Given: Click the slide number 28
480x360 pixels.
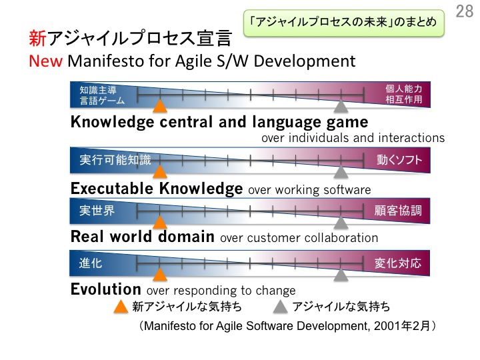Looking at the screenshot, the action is (465, 11).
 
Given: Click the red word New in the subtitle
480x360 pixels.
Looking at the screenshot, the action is (45, 61).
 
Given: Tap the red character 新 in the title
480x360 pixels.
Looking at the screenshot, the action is (37, 39).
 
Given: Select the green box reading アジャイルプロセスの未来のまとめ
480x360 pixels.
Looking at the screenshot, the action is (344, 23).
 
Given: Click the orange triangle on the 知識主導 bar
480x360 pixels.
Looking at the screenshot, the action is (160, 106).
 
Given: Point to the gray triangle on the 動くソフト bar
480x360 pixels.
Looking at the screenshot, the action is (341, 172).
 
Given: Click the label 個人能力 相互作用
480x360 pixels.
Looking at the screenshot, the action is (404, 94).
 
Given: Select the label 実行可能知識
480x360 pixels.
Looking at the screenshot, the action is (115, 160).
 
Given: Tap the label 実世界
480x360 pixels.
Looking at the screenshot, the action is (97, 211).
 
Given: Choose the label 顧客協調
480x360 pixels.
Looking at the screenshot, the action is (398, 211).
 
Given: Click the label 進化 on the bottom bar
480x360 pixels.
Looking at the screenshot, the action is (90, 263).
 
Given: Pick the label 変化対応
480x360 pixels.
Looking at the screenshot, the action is (398, 263).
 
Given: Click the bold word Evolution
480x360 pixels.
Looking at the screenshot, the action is (105, 289).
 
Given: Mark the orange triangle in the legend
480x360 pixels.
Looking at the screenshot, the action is (121, 307).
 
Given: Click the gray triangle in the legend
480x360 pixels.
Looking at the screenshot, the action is (281, 307).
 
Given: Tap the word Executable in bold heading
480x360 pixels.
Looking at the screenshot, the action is (112, 188).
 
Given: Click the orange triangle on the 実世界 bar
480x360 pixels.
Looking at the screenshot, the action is (160, 223).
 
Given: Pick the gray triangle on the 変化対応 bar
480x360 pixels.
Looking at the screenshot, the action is (341, 275).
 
